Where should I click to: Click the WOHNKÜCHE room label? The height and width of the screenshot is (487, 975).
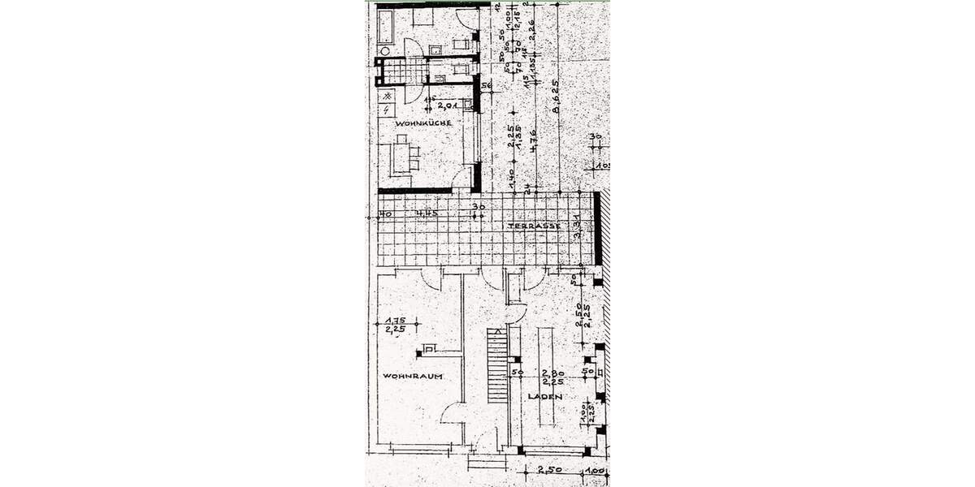point(423,123)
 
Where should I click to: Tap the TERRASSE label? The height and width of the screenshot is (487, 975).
point(533,226)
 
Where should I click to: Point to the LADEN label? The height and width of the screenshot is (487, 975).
point(544,396)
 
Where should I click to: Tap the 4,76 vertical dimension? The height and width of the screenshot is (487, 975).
point(533,141)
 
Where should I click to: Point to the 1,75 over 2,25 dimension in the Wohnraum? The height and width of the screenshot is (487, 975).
point(396,324)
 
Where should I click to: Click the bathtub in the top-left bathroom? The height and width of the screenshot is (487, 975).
point(385,28)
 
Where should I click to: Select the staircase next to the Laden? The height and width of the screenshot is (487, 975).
point(496,364)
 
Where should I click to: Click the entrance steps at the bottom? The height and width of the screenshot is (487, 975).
point(486,462)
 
